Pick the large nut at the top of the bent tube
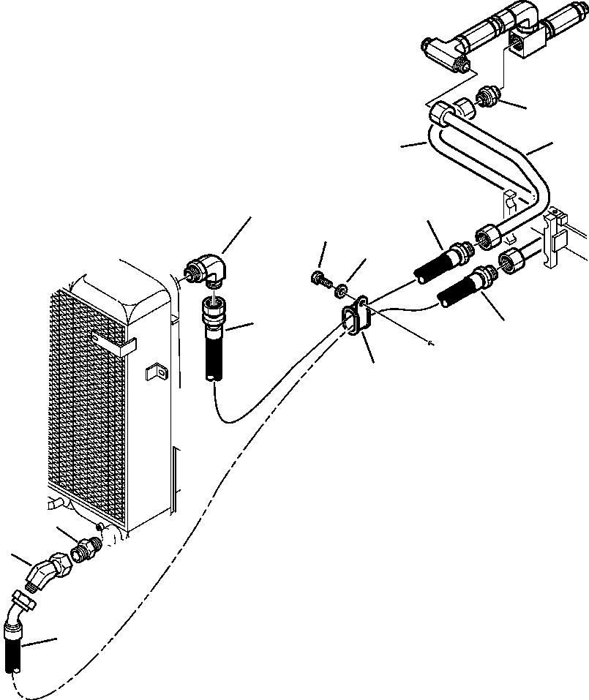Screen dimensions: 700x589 442,114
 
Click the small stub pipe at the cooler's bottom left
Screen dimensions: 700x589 54,505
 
